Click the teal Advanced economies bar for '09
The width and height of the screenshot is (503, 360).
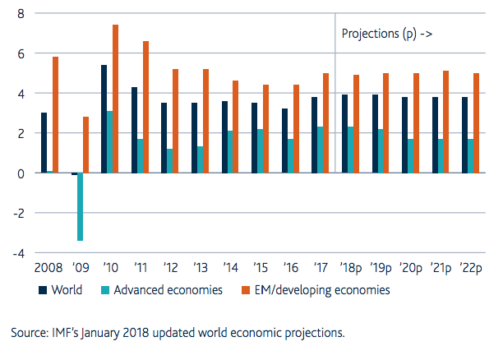tap(81, 206)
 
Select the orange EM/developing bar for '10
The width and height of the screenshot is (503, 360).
tap(116, 99)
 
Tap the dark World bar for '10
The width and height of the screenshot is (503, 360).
tap(104, 119)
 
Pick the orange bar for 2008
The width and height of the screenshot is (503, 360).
tap(56, 115)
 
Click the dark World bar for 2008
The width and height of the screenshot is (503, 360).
tap(44, 143)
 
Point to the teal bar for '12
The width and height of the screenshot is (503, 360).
tap(169, 161)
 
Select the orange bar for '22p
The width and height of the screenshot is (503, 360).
tap(477, 123)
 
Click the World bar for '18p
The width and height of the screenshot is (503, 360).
tap(344, 134)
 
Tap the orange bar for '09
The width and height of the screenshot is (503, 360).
tap(86, 145)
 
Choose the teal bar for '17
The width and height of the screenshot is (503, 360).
tap(321, 150)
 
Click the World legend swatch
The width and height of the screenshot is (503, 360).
tap(43, 290)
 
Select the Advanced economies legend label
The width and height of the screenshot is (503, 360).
tap(168, 290)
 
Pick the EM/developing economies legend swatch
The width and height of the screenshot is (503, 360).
tap(246, 290)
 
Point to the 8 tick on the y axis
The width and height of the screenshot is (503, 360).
tap(21, 14)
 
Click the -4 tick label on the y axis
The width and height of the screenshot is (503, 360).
tap(19, 254)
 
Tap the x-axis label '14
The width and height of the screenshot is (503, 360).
tap(230, 267)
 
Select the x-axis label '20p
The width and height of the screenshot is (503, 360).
tap(411, 268)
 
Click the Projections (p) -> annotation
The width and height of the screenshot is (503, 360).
tap(387, 34)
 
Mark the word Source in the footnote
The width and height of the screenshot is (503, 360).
tap(29, 333)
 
